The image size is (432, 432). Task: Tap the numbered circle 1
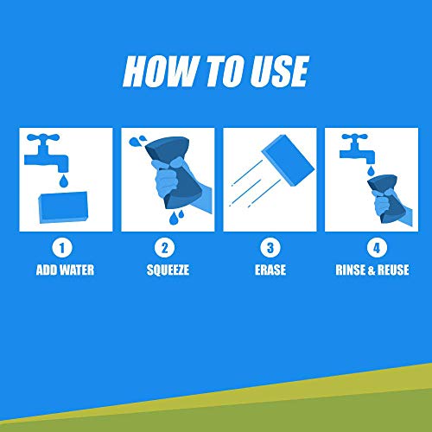[62, 248]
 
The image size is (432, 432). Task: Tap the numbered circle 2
[164, 248]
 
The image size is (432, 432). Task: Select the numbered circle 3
[270, 248]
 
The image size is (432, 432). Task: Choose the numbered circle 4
[377, 248]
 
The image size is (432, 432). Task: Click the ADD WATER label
[65, 270]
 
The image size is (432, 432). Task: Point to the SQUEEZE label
[168, 270]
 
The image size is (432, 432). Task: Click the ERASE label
[270, 270]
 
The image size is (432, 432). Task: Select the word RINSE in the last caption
[350, 270]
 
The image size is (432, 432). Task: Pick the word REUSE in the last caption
[393, 270]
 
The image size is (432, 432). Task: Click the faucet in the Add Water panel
[46, 153]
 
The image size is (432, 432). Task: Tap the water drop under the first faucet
[64, 181]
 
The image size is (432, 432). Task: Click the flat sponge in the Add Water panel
[63, 207]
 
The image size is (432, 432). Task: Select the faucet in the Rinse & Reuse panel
[357, 149]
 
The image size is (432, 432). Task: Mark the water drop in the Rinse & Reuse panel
[371, 171]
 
